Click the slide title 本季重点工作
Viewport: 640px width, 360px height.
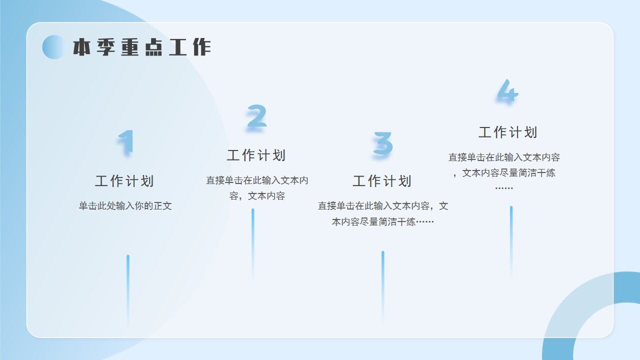tap(142, 47)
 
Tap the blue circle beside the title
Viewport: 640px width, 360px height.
tap(53, 47)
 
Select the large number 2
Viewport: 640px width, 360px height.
tap(256, 117)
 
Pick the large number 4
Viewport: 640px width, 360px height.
tap(507, 91)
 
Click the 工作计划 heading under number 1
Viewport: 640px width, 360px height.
tap(124, 181)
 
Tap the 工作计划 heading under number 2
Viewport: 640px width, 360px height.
tap(256, 155)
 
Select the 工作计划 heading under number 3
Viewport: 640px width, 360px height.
tap(382, 181)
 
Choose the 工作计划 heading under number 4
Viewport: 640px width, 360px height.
tap(508, 132)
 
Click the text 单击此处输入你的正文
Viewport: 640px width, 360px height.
tap(125, 206)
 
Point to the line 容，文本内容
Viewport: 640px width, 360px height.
tap(257, 196)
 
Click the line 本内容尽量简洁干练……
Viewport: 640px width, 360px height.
tap(383, 221)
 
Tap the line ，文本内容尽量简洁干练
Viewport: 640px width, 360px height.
tap(504, 173)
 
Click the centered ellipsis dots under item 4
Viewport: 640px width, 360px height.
tap(504, 188)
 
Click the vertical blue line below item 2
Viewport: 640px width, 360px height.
tap(253, 242)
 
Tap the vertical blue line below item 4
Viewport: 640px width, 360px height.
tap(511, 240)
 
